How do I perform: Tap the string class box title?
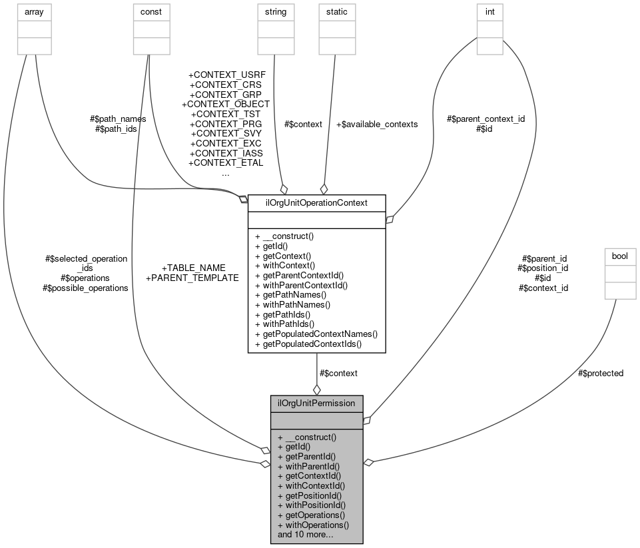(275, 12)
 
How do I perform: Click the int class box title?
(490, 12)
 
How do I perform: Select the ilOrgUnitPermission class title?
(316, 403)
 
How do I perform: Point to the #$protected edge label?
(601, 373)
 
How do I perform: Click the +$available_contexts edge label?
(377, 124)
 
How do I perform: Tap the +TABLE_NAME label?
(194, 268)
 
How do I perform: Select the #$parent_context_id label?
(485, 119)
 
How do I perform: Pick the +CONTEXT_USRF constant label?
(226, 75)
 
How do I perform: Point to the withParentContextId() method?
(301, 284)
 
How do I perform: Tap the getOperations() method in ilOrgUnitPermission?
(311, 515)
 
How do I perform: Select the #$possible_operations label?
(85, 288)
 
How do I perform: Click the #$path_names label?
(118, 119)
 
